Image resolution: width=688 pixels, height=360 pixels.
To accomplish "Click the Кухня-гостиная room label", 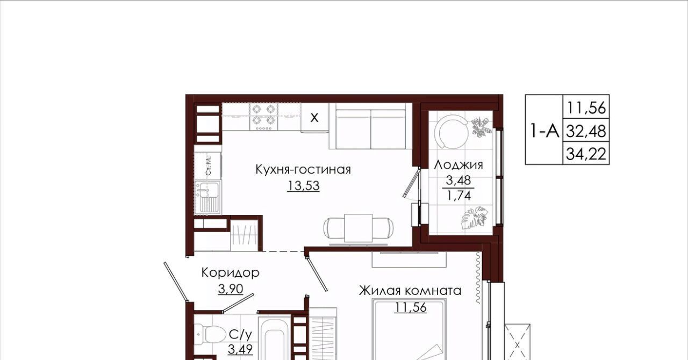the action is click(303, 170).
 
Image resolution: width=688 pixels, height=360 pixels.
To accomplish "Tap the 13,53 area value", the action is click(304, 185).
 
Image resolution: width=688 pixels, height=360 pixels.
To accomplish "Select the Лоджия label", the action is click(458, 165).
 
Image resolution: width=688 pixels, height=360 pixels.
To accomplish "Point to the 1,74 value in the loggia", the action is click(459, 195).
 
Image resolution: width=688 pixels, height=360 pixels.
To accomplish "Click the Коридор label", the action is click(231, 273).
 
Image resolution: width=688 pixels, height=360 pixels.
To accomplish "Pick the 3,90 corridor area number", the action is click(231, 289).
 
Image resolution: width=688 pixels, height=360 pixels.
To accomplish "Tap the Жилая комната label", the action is click(410, 291).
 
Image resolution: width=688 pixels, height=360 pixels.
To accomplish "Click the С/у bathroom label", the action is click(240, 335).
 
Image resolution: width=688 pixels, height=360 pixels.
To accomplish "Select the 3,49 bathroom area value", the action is click(240, 349).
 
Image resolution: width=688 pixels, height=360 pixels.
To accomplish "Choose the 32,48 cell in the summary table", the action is click(586, 131).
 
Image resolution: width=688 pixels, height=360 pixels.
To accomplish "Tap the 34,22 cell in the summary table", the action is click(586, 154).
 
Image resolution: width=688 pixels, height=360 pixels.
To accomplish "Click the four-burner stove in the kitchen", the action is click(264, 117).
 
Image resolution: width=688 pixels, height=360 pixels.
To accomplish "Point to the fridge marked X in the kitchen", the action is click(314, 118).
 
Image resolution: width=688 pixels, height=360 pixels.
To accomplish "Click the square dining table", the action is click(359, 228).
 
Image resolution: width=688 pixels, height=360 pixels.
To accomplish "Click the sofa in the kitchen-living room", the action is click(371, 126).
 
